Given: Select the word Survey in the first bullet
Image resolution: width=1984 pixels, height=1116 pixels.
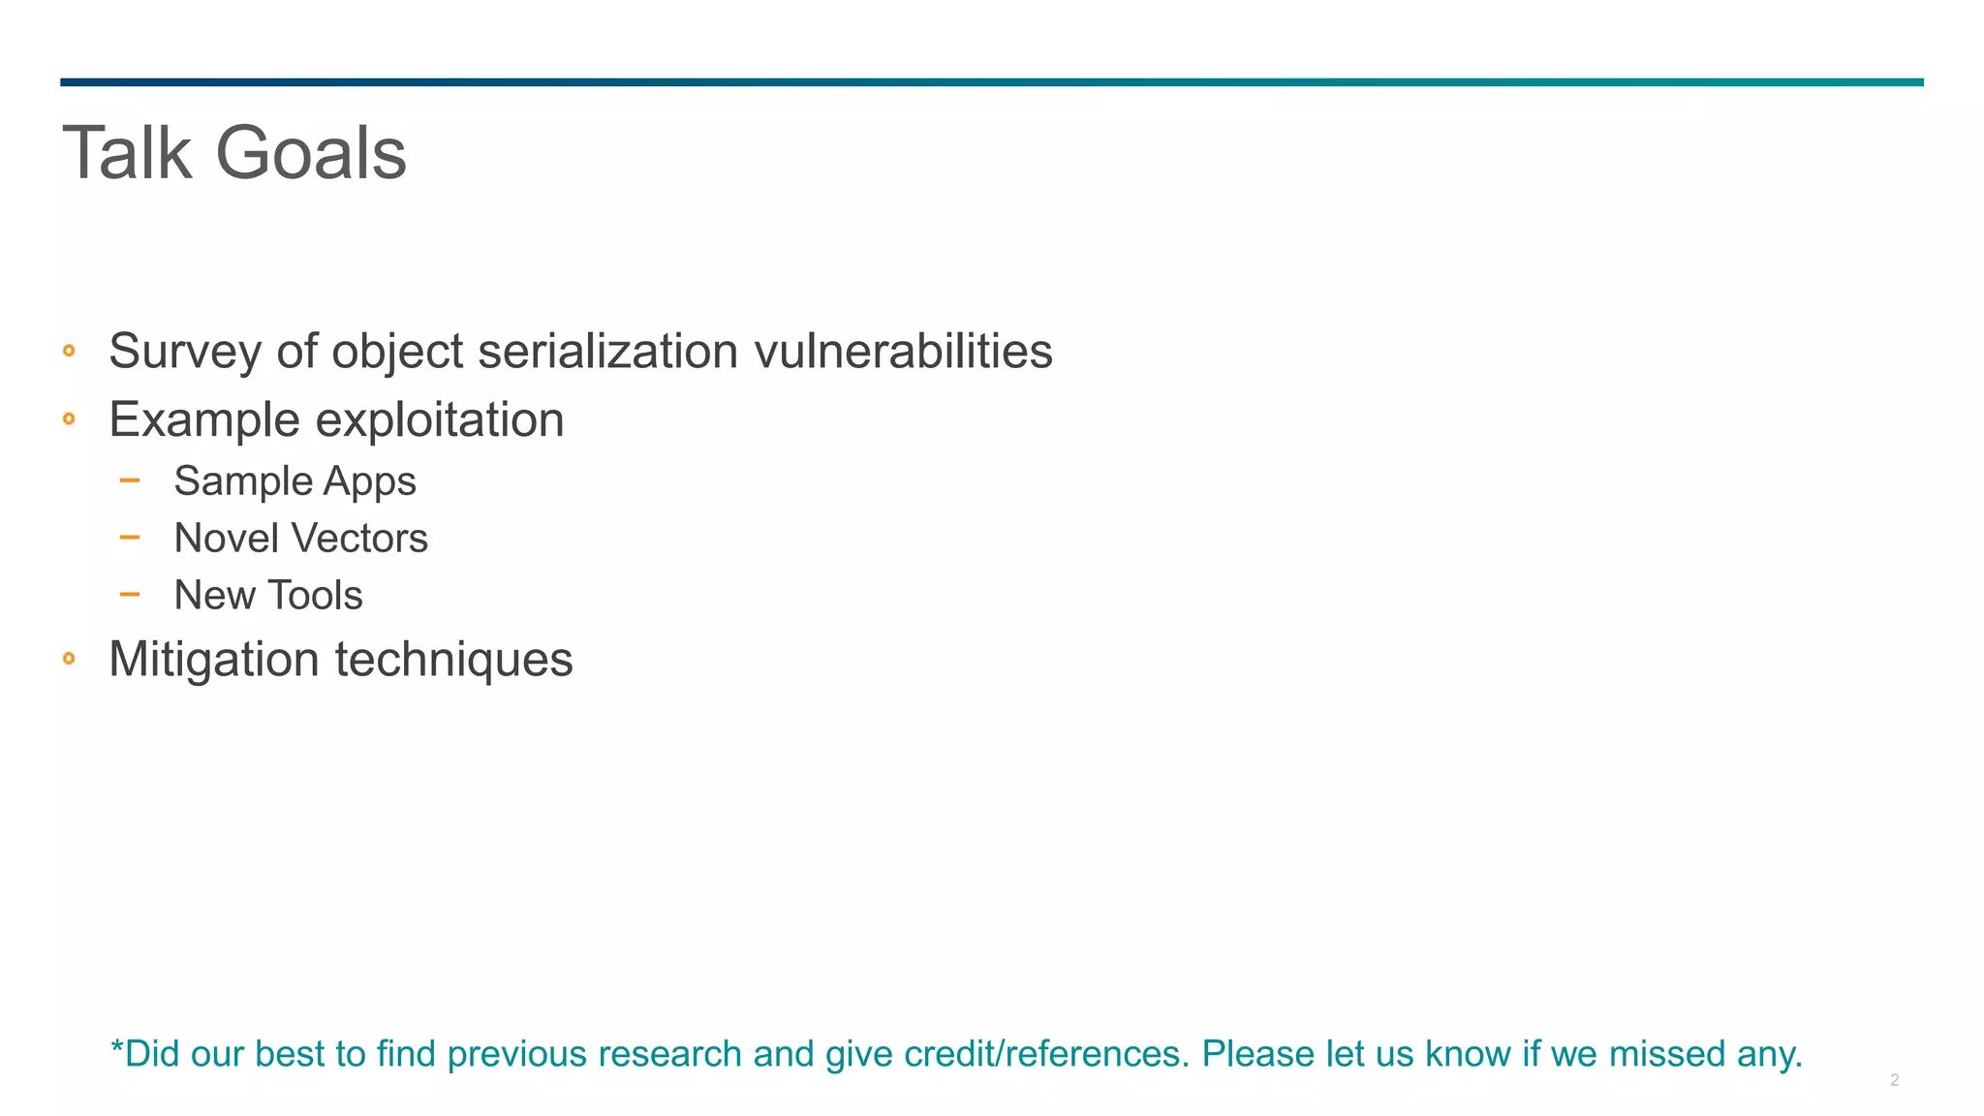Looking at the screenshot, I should click(x=185, y=351).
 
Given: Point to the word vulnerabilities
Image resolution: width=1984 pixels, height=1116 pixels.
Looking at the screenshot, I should click(x=903, y=351).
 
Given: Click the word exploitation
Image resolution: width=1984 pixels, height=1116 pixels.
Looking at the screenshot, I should click(x=440, y=420).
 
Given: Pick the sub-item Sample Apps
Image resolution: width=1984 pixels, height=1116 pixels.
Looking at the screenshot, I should click(x=294, y=481).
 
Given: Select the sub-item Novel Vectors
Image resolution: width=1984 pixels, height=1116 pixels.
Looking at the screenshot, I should click(x=300, y=539).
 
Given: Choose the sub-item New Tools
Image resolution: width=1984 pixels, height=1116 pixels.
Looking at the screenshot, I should click(x=268, y=596).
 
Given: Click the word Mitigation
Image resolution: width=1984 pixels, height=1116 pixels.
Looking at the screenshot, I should click(x=214, y=660).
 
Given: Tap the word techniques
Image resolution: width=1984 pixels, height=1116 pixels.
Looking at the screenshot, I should click(x=453, y=660).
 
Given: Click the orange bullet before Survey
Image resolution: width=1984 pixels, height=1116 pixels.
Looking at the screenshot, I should click(x=69, y=351).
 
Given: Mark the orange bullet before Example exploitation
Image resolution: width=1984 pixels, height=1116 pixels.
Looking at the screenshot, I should click(x=69, y=419).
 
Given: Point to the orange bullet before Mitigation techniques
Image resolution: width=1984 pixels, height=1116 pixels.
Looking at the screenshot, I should click(x=69, y=659).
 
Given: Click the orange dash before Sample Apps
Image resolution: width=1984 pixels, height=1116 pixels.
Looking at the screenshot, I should click(x=130, y=480).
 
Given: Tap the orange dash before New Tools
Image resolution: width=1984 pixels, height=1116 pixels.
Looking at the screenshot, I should click(x=130, y=594).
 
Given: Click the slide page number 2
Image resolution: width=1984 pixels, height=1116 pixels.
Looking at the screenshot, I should click(x=1894, y=1080).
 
